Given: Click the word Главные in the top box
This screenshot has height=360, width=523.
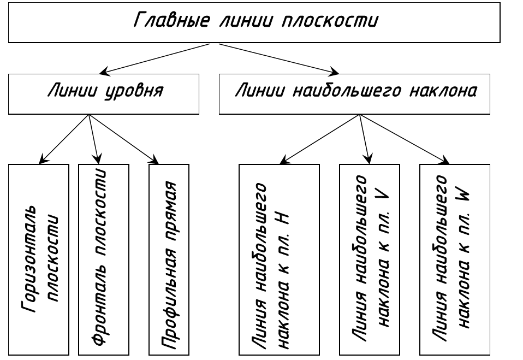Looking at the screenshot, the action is click(x=172, y=20).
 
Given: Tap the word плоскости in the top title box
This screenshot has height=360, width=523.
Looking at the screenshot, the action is click(x=330, y=20).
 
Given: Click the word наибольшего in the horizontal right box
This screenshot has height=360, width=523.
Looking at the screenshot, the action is click(x=347, y=91).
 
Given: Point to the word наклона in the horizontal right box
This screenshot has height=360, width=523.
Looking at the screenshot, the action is click(x=444, y=91).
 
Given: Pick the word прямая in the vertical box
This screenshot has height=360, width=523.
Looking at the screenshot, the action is click(x=170, y=213).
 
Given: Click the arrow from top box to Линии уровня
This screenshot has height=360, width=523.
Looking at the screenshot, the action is click(x=154, y=58).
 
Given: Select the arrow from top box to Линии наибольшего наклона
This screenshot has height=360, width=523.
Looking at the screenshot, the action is click(x=279, y=58).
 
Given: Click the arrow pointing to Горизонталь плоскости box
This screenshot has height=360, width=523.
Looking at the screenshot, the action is click(x=64, y=139).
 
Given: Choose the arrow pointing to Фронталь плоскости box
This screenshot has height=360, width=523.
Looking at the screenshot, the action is click(x=94, y=139).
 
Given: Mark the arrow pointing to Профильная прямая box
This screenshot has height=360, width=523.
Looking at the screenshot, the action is click(x=123, y=139).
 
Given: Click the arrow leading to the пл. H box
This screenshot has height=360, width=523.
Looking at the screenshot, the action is click(x=319, y=139).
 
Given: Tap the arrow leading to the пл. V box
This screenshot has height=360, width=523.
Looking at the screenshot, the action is click(x=365, y=139).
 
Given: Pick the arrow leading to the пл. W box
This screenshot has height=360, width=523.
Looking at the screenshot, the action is click(x=404, y=139).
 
